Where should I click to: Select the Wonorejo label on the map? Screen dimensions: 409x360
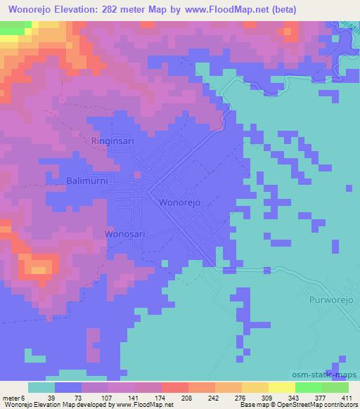tap(181, 202)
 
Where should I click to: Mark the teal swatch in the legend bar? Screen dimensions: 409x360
tap(41, 387)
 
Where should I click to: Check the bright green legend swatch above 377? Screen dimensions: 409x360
tap(308, 387)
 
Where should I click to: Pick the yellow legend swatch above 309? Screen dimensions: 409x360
tap(255, 387)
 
